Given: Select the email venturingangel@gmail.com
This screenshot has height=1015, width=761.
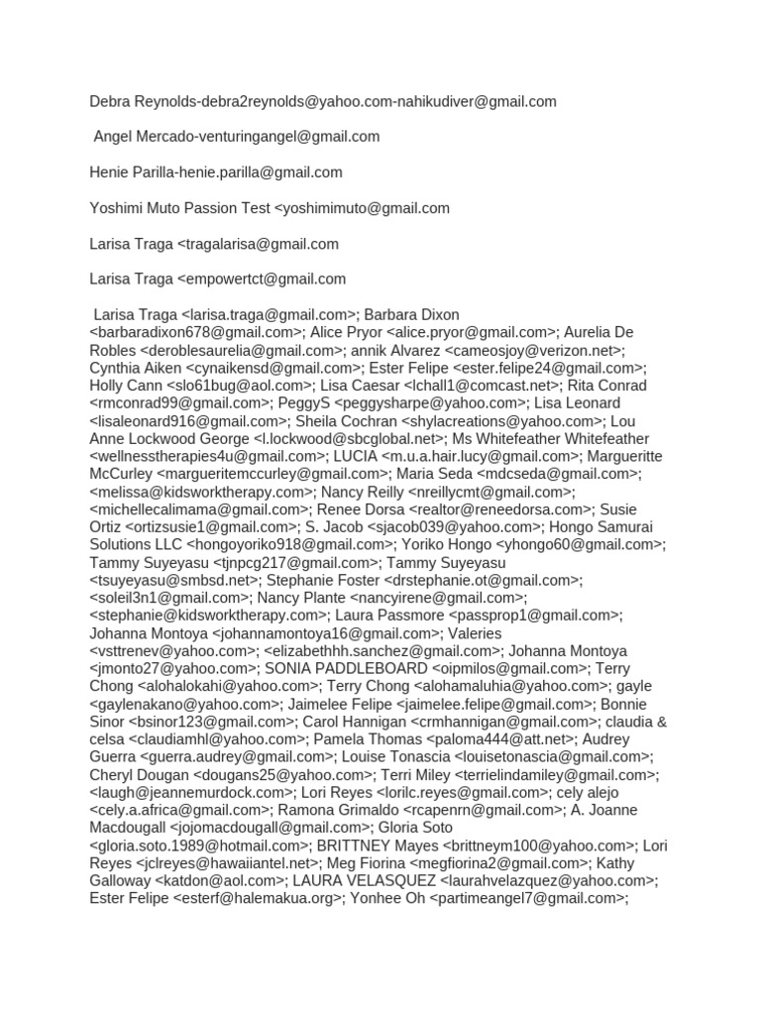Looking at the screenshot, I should (x=286, y=137).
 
